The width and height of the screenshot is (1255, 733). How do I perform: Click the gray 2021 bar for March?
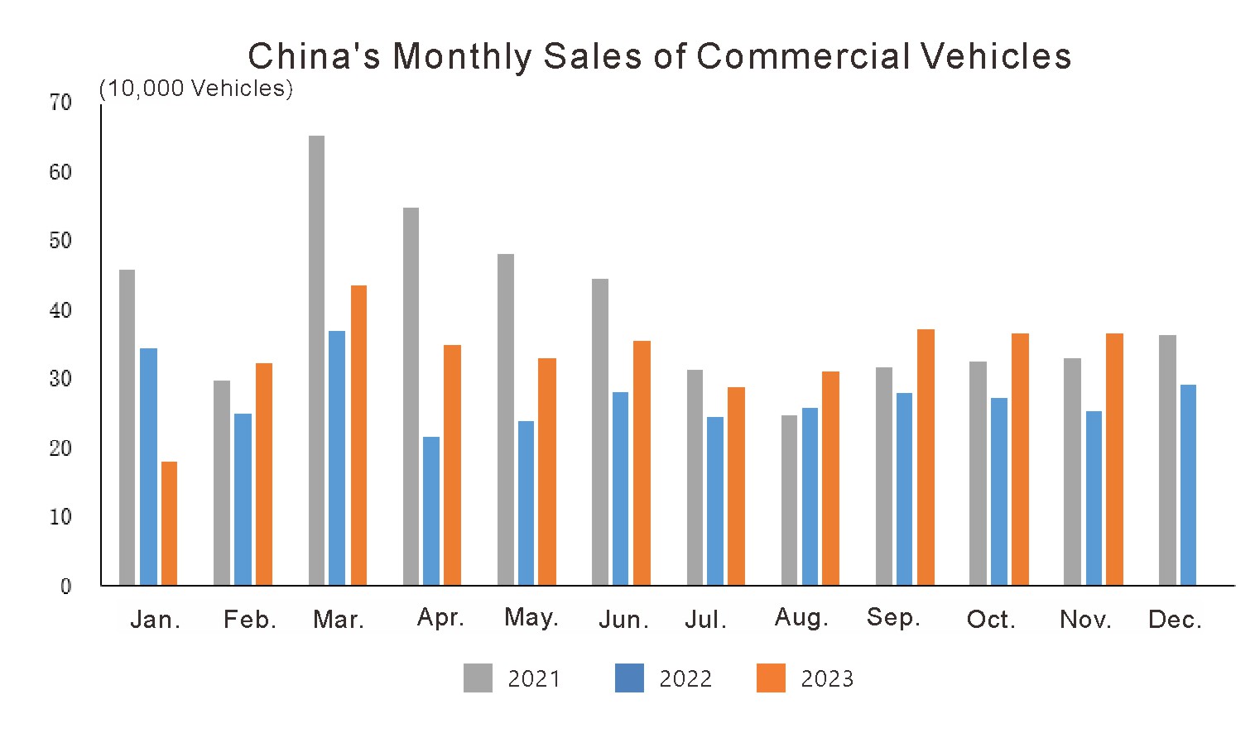coord(316,360)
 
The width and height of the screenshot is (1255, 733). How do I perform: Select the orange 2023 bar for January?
coord(169,523)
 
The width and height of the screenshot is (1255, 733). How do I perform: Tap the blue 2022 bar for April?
coord(431,510)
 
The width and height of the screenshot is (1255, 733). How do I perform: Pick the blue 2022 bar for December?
coord(1188,485)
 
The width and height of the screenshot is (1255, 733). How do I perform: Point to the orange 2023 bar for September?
coord(926,457)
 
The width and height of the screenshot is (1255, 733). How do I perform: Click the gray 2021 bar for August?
coord(789,500)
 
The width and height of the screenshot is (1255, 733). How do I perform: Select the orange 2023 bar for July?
coord(736,486)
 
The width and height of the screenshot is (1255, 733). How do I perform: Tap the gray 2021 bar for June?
coord(600,432)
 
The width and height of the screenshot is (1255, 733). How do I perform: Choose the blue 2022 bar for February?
coord(243,499)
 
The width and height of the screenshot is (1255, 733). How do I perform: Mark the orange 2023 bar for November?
coord(1114,459)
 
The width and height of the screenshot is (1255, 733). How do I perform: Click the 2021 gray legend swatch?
coord(478,678)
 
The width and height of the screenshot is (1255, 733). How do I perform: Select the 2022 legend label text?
coord(685,679)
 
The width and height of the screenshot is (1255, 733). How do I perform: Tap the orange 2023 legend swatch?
coord(771,678)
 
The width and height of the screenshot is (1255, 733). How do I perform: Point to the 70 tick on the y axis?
coord(60,103)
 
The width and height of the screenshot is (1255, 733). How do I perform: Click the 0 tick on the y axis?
coord(66,587)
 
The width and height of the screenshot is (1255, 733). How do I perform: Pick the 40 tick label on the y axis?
coord(60,310)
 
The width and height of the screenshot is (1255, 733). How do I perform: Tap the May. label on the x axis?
coord(531,618)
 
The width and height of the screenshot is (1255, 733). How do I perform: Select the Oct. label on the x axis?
coord(991,620)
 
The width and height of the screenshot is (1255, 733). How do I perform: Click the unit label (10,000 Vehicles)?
coord(196,89)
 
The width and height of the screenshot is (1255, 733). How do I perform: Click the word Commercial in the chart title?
coord(803,56)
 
